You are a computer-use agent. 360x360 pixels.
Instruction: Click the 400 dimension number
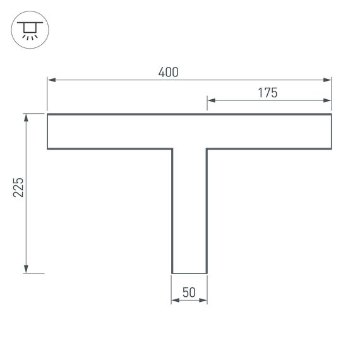point(169,72)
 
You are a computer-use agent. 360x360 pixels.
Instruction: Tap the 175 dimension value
point(268,92)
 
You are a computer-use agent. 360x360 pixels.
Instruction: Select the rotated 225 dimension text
point(18,188)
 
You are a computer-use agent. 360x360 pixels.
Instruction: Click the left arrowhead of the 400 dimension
point(51,80)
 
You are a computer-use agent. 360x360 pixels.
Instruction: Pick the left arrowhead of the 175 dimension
point(211,100)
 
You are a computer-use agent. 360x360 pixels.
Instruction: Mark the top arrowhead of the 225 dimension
point(26,117)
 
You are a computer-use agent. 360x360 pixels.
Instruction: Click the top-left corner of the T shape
point(47,114)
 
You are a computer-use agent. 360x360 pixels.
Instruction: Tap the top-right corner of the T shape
point(332,114)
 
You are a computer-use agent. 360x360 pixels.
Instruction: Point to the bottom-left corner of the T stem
point(172,273)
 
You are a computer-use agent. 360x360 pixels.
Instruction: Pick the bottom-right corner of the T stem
point(207,273)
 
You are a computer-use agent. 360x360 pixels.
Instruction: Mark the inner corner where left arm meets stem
point(172,149)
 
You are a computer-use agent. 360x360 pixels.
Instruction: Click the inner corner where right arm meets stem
point(207,149)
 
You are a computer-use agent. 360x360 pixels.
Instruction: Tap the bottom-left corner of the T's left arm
point(47,149)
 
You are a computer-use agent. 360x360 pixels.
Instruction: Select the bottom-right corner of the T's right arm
point(332,149)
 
